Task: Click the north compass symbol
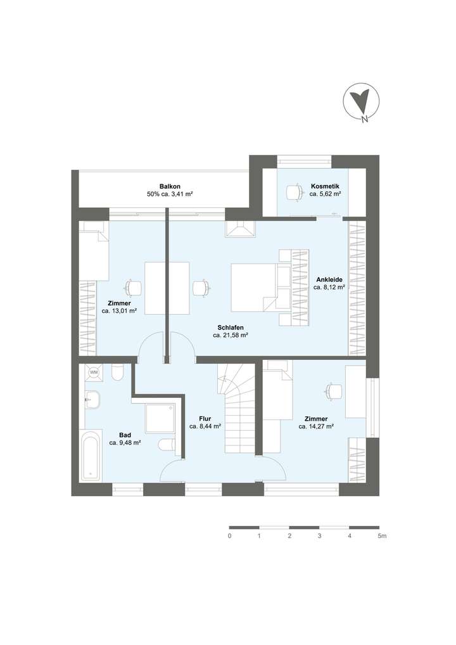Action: tap(360, 103)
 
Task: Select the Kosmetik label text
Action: tap(325, 186)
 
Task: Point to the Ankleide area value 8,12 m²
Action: tap(329, 287)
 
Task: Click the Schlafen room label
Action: tap(230, 327)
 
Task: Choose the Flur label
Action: tap(205, 418)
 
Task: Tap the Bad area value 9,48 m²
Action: tap(125, 443)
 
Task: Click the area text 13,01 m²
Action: tap(119, 311)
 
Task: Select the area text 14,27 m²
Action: tap(316, 427)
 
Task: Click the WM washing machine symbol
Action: tap(94, 373)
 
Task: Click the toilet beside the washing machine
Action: tap(117, 373)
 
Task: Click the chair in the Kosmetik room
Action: tap(294, 191)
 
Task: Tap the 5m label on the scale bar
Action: tap(382, 536)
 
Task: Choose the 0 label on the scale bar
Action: tap(229, 536)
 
